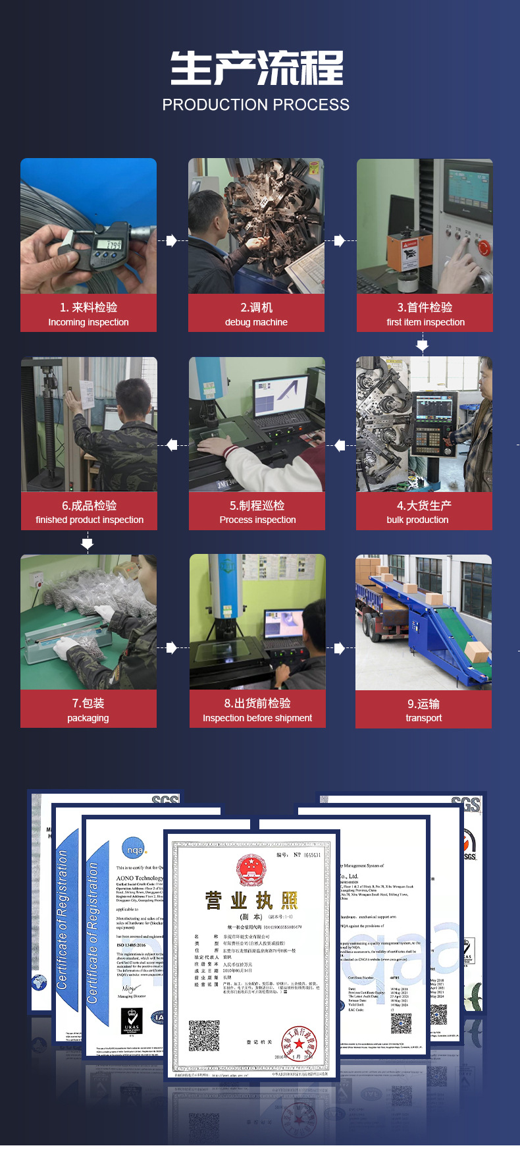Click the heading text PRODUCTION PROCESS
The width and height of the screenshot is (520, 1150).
pyautogui.click(x=256, y=105)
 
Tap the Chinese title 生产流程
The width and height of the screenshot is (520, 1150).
pyautogui.click(x=257, y=68)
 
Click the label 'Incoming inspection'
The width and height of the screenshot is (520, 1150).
pyautogui.click(x=88, y=322)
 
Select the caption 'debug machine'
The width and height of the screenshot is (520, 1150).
pyautogui.click(x=256, y=322)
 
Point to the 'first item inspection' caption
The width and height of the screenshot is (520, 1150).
pyautogui.click(x=425, y=322)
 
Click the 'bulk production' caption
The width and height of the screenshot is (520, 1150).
pyautogui.click(x=417, y=520)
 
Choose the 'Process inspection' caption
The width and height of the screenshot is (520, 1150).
pyautogui.click(x=257, y=520)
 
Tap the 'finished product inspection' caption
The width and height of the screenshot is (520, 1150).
pyautogui.click(x=90, y=520)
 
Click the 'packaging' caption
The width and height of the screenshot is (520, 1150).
pyautogui.click(x=88, y=718)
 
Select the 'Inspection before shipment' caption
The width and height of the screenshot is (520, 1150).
pyautogui.click(x=257, y=718)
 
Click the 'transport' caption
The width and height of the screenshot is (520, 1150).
pyautogui.click(x=424, y=718)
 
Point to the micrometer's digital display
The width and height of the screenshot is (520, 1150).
pyautogui.click(x=109, y=245)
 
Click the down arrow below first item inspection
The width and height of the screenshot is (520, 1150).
pyautogui.click(x=423, y=345)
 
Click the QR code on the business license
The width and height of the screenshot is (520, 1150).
pyautogui.click(x=204, y=1035)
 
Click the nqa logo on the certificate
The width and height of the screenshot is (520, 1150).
pyautogui.click(x=134, y=850)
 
